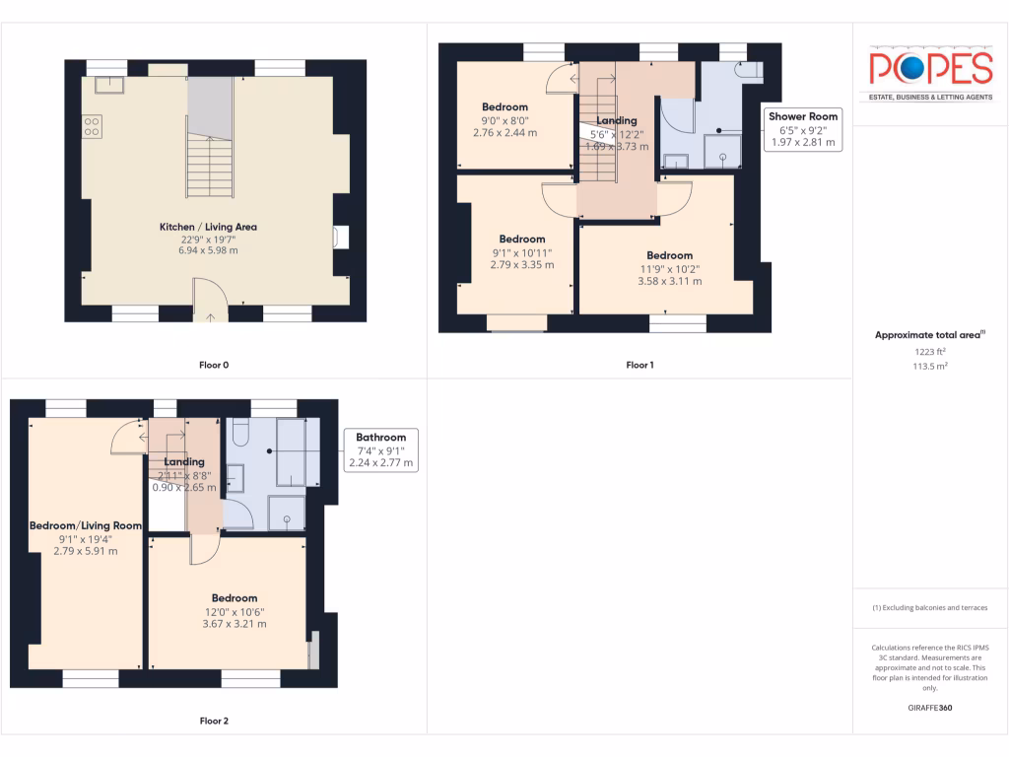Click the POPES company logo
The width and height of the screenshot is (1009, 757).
pyautogui.click(x=930, y=69)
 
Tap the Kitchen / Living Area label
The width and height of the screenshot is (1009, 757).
pyautogui.click(x=208, y=227)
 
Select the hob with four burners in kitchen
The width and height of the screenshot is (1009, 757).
pyautogui.click(x=92, y=126)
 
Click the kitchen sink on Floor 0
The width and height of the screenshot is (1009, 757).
pyautogui.click(x=108, y=84)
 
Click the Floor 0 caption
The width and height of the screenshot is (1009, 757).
pyautogui.click(x=214, y=365)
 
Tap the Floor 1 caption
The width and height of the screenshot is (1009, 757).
pyautogui.click(x=639, y=365)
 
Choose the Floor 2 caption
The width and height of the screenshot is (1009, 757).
pyautogui.click(x=214, y=721)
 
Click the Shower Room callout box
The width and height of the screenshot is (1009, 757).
pyautogui.click(x=803, y=129)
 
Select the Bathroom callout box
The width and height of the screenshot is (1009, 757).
pyautogui.click(x=380, y=449)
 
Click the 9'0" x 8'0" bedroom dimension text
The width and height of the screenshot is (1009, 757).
pyautogui.click(x=504, y=120)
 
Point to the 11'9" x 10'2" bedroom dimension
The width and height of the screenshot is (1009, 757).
pyautogui.click(x=669, y=269)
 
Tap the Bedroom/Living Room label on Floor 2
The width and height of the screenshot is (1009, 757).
pyautogui.click(x=86, y=525)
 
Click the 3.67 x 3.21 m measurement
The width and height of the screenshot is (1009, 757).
pyautogui.click(x=235, y=624)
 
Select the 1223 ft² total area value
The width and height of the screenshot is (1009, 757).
pyautogui.click(x=929, y=351)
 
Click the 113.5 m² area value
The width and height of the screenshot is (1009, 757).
pyautogui.click(x=929, y=365)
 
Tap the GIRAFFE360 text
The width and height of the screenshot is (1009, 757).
pyautogui.click(x=930, y=707)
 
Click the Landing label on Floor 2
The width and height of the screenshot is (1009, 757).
pyautogui.click(x=184, y=461)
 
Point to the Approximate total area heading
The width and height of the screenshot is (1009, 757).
pyautogui.click(x=927, y=335)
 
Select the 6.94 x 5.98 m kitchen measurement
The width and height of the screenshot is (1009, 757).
pyautogui.click(x=208, y=250)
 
